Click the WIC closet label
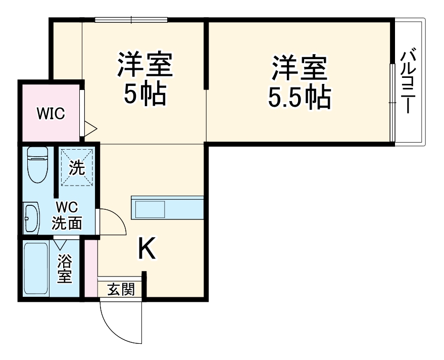pyautogui.click(x=51, y=114)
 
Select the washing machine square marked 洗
pyautogui.click(x=77, y=167)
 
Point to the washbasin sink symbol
pyautogui.click(x=32, y=218)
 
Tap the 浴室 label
pyautogui.click(x=64, y=268)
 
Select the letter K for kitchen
pyautogui.click(x=146, y=248)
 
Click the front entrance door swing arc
pyautogui.click(x=114, y=324)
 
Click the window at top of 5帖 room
pyautogui.click(x=131, y=20)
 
